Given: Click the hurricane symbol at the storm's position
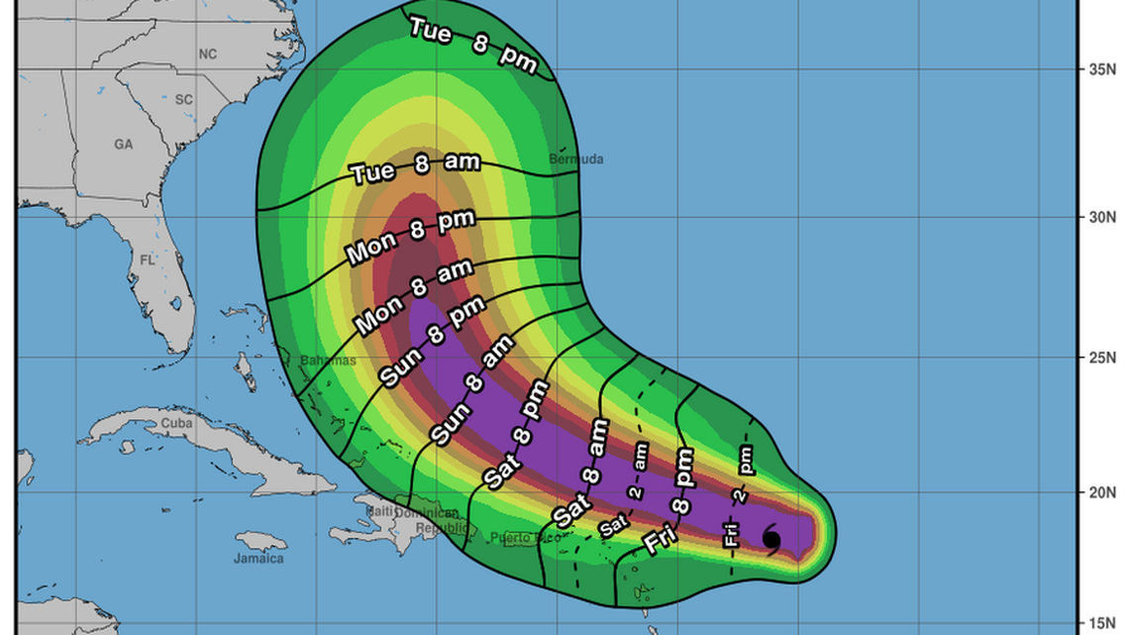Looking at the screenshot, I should point(771,539).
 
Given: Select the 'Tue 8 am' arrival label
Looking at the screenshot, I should point(416,168).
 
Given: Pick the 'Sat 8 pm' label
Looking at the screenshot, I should point(516,433).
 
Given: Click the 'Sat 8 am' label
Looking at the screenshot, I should point(580,474).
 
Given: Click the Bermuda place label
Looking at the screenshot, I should point(575,159).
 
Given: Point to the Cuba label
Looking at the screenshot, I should point(175,424).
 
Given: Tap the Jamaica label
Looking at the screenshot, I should point(258,559).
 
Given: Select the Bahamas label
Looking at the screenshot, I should point(327,361).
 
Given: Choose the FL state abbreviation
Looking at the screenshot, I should point(148,261).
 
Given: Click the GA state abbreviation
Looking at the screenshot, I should point(123,145).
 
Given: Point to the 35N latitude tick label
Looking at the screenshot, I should point(1102,69).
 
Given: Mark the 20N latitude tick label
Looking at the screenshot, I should point(1102,492).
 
